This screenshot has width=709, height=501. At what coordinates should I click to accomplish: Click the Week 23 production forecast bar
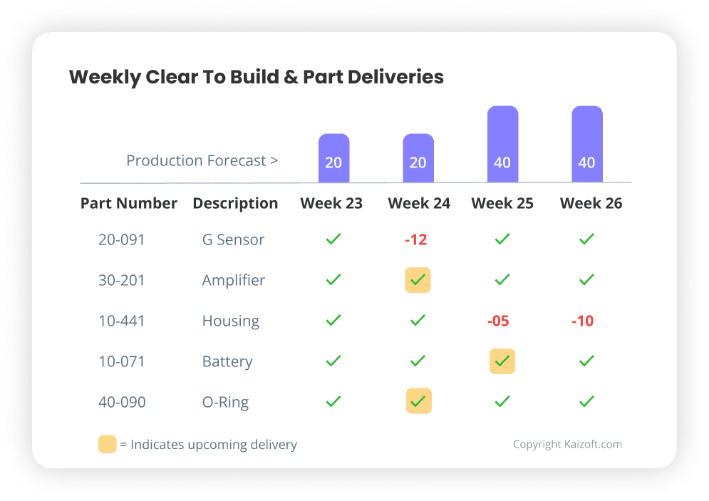pyautogui.click(x=333, y=157)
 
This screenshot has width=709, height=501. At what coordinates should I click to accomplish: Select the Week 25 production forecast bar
pyautogui.click(x=502, y=144)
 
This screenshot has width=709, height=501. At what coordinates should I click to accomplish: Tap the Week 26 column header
pyautogui.click(x=591, y=203)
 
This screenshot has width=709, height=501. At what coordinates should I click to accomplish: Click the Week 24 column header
pyautogui.click(x=419, y=203)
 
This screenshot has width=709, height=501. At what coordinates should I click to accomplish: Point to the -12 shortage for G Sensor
pyautogui.click(x=416, y=239)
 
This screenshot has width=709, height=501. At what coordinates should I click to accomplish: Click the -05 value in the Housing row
pyautogui.click(x=498, y=321)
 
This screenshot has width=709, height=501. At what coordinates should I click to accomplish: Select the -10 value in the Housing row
pyautogui.click(x=582, y=321)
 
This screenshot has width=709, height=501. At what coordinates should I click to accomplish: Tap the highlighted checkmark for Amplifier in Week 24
pyautogui.click(x=418, y=281)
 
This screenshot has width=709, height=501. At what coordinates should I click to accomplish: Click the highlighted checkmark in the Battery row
pyautogui.click(x=502, y=361)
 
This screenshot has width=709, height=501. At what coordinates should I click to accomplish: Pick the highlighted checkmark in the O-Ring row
pyautogui.click(x=418, y=402)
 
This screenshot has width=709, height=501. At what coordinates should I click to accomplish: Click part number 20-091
pyautogui.click(x=122, y=239)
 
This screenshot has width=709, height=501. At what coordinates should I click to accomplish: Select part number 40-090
pyautogui.click(x=122, y=402)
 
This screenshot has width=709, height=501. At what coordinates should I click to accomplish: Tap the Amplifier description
pyautogui.click(x=233, y=280)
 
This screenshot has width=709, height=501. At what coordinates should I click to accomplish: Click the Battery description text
pyautogui.click(x=227, y=361)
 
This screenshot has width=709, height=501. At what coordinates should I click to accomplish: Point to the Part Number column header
pyautogui.click(x=129, y=203)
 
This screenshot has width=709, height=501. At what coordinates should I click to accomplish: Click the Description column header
pyautogui.click(x=235, y=203)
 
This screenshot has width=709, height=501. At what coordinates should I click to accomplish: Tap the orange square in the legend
pyautogui.click(x=107, y=444)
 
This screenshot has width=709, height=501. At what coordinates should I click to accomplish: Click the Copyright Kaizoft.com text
pyautogui.click(x=567, y=444)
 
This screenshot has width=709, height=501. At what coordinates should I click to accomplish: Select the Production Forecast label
pyautogui.click(x=202, y=160)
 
